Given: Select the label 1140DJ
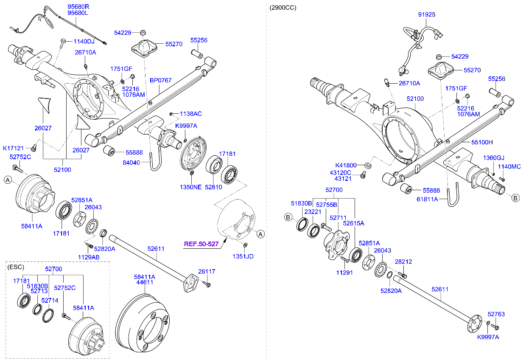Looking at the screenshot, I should click(x=84, y=41).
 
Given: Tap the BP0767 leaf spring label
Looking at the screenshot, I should click(x=160, y=79).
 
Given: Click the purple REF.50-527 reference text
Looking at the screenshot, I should click(x=201, y=244).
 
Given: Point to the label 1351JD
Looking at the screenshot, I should click(x=243, y=256).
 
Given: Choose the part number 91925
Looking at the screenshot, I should click(x=426, y=14).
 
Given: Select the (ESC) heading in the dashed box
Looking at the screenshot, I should click(x=16, y=267).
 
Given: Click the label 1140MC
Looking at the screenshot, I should click(x=509, y=166).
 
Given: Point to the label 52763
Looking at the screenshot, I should click(x=496, y=314).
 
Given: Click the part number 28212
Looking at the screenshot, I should click(x=403, y=262).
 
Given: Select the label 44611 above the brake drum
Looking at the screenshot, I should click(x=145, y=282).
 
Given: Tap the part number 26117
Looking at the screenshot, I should click(x=207, y=271).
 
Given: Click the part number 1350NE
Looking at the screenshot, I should click(x=190, y=187).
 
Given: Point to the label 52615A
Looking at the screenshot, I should click(x=353, y=222).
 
